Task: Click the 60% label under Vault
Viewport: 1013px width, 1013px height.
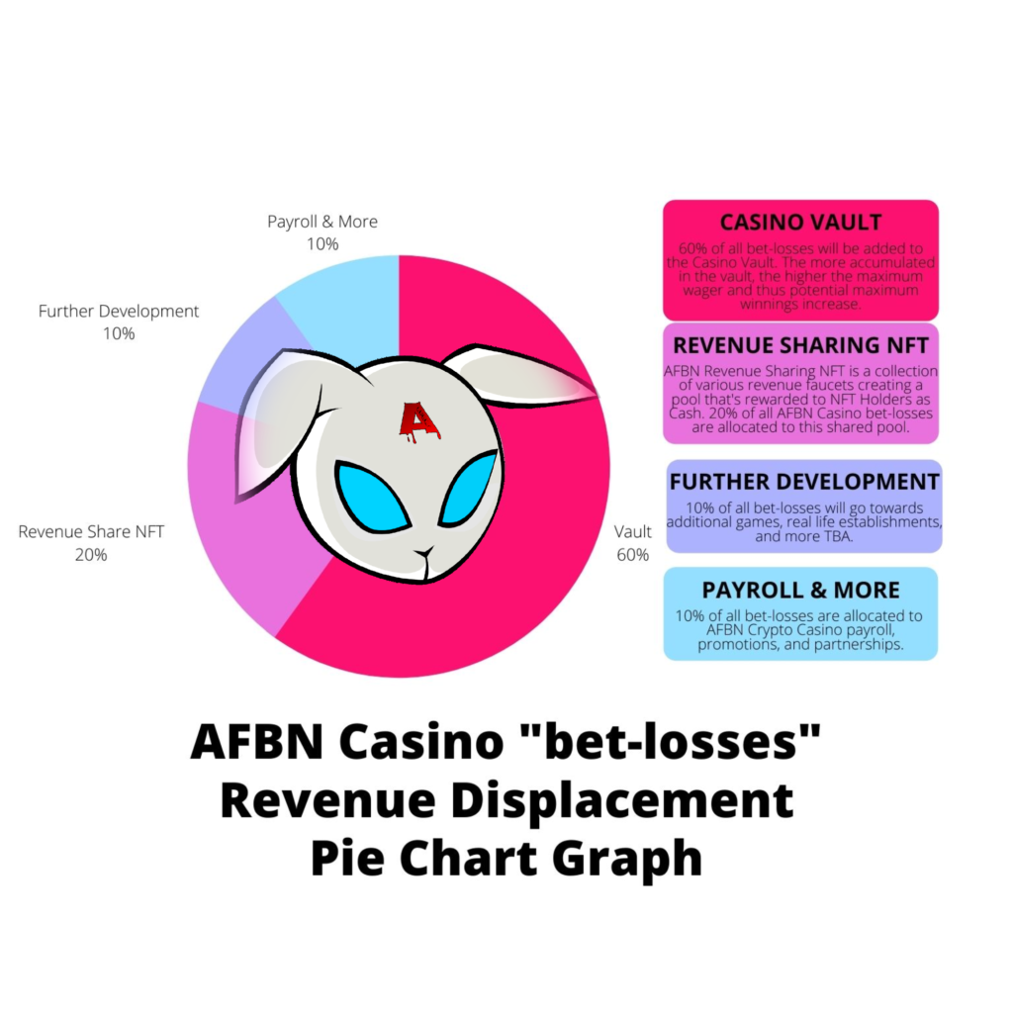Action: (633, 555)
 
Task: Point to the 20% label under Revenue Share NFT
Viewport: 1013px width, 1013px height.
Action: (91, 555)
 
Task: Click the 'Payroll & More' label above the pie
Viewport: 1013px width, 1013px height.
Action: (322, 222)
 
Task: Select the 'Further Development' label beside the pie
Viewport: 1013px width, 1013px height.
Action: (119, 311)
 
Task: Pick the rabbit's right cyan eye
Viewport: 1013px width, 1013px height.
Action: (468, 488)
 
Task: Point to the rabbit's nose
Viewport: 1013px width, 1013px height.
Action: (425, 551)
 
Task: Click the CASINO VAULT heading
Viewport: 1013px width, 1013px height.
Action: (800, 222)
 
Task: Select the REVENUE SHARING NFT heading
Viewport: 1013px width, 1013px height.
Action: (800, 345)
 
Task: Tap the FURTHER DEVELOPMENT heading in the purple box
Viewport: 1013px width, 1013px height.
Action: (804, 482)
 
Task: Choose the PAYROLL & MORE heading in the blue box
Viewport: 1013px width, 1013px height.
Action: (800, 590)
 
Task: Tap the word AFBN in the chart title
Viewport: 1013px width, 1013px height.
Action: (259, 742)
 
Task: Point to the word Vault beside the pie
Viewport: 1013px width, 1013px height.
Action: (633, 531)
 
